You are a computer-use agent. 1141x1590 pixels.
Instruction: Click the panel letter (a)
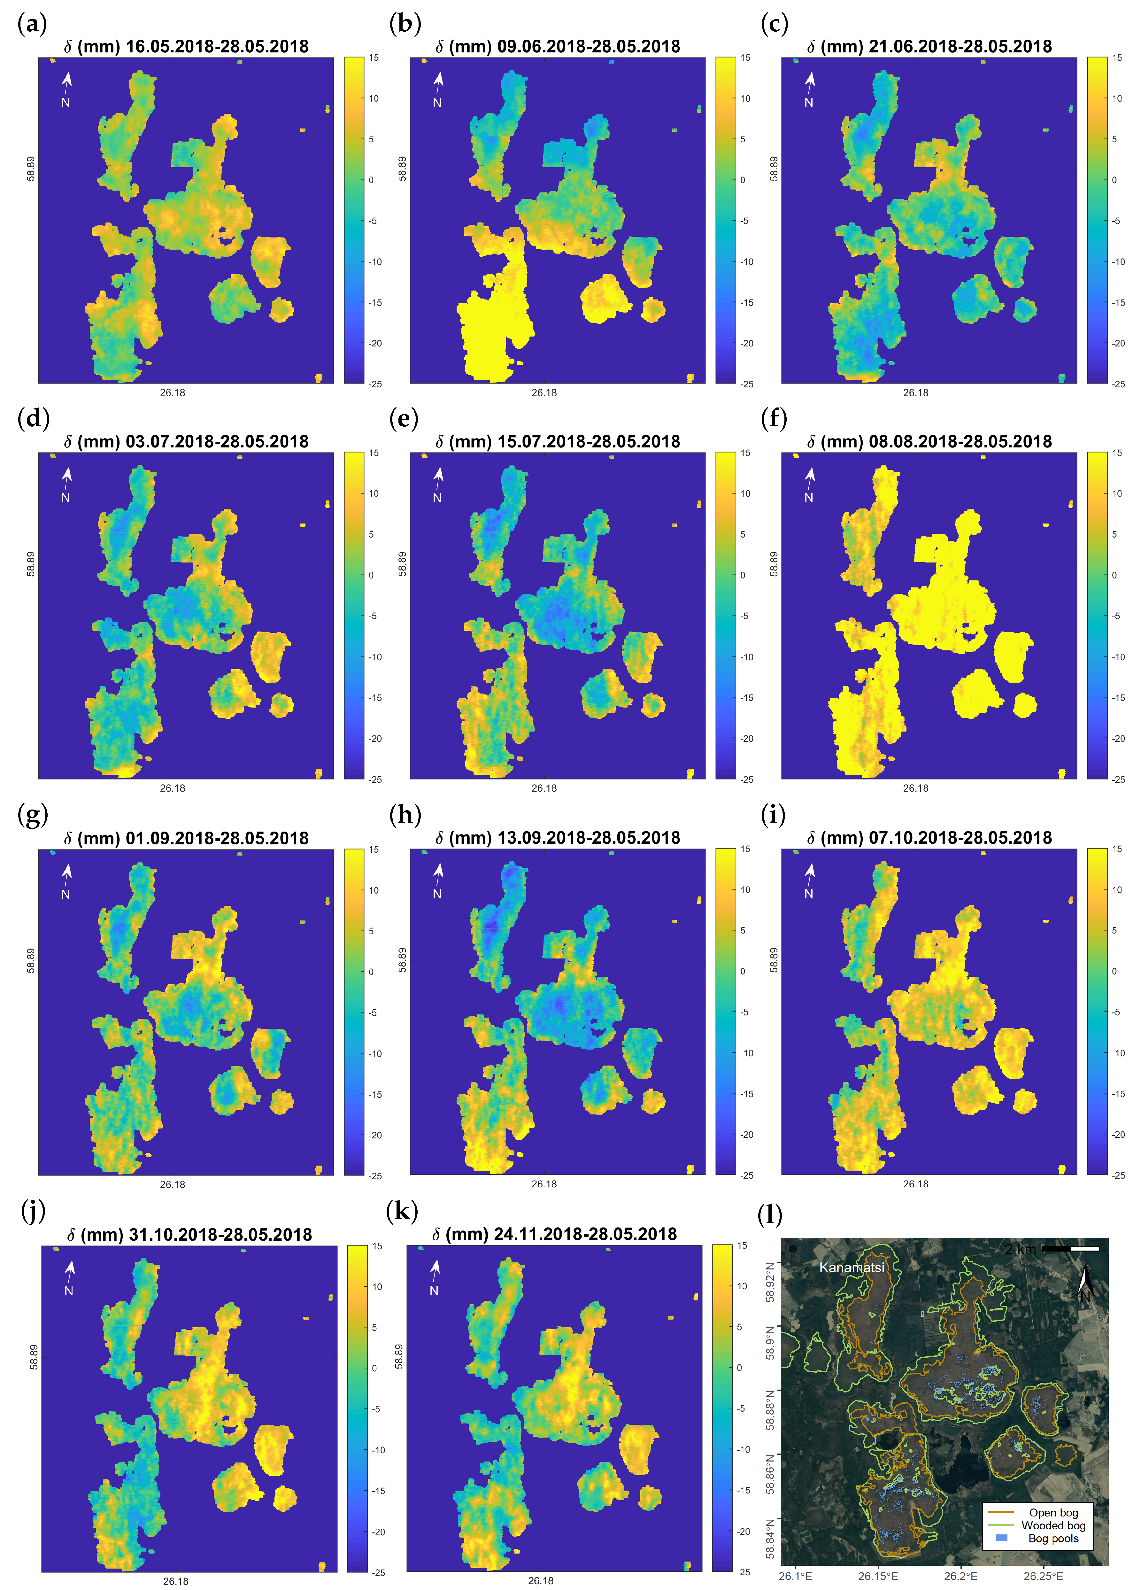coord(32,25)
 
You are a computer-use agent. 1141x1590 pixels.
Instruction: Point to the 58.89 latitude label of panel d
coord(31,564)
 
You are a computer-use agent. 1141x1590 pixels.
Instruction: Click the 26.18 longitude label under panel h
coord(544,1184)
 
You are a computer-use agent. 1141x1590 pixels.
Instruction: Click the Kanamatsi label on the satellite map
coord(852,1268)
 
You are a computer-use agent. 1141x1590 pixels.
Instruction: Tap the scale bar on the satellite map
coord(1070,1249)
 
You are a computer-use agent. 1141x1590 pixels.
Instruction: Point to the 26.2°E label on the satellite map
coord(960,1576)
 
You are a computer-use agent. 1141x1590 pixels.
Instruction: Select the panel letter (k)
coord(402,1211)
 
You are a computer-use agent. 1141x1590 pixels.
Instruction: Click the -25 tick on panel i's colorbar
coord(1119,1175)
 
